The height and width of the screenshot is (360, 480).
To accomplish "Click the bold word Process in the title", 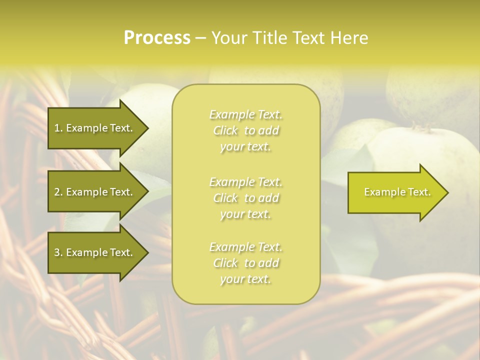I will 157,38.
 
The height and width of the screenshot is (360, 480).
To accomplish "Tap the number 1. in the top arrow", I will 58,128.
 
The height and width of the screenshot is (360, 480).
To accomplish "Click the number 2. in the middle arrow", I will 58,192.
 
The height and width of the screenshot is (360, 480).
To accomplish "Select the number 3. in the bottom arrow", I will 58,252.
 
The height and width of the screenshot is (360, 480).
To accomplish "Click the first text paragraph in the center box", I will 245,130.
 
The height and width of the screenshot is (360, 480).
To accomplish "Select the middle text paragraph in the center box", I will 245,198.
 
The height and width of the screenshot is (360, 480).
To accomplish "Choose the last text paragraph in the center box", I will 245,263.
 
